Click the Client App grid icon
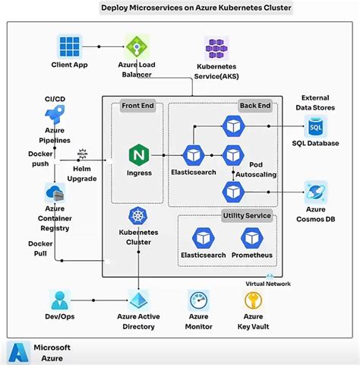[70, 46]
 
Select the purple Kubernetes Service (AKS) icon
[213, 49]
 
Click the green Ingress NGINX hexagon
[139, 155]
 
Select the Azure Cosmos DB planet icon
[315, 192]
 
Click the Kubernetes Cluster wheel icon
[138, 215]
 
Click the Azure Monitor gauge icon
[198, 299]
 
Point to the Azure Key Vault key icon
[253, 300]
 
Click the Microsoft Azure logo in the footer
[18, 351]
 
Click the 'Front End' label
[137, 106]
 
